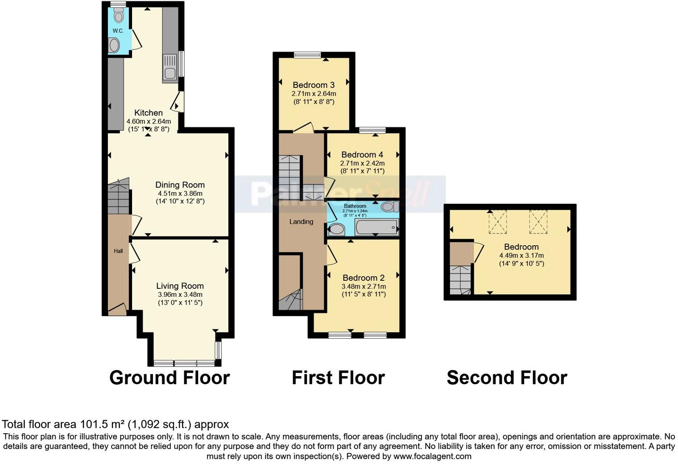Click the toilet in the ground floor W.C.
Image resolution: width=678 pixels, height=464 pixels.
coord(118,17)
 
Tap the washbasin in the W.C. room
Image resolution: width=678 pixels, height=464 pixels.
coord(115,45)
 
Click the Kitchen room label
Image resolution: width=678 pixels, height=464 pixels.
coord(149,113)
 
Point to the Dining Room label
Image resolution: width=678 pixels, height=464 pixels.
coord(180,185)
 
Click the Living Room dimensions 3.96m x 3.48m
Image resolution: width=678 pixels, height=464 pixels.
coord(180,295)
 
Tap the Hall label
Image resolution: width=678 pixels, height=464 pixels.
coord(118,251)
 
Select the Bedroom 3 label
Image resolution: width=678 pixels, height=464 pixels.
coord(314,85)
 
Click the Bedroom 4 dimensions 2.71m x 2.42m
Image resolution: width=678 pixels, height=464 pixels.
coord(362,164)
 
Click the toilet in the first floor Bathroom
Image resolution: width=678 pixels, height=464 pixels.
coord(389,207)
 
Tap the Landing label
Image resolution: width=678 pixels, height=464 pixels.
coord(301,222)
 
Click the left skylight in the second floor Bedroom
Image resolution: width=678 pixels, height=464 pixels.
coord(498,222)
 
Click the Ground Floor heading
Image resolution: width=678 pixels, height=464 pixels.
coord(169,378)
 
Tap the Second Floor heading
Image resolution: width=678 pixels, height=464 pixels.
coord(507,378)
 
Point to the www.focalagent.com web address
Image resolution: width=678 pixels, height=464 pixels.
coord(432,456)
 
